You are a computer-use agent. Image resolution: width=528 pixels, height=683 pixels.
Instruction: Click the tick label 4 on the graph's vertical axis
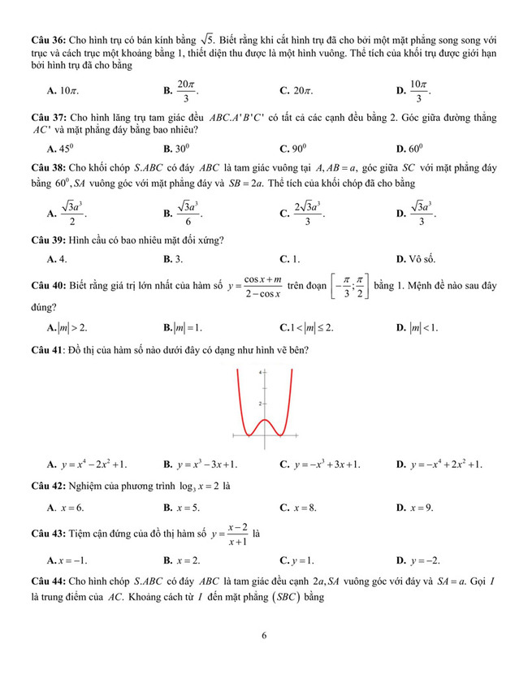[x=259, y=372]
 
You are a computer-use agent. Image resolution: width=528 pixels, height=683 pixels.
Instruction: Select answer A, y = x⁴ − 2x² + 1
[x=88, y=465]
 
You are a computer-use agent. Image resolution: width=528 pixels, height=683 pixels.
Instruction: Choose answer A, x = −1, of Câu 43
[x=67, y=560]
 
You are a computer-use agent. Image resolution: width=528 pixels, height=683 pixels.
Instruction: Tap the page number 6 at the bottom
[x=264, y=636]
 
